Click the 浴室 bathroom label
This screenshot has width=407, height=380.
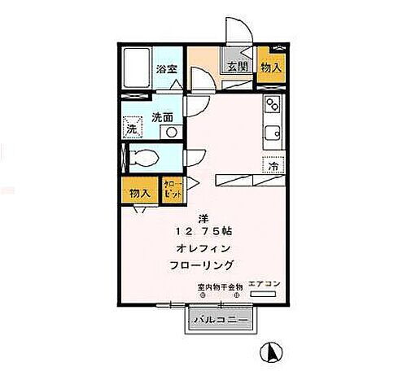pyautogui.click(x=166, y=70)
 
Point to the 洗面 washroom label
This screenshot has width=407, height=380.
pyautogui.click(x=163, y=117)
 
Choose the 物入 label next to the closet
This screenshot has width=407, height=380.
pyautogui.click(x=140, y=194)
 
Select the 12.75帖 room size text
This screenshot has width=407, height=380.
pyautogui.click(x=203, y=229)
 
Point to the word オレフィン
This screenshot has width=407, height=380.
pyautogui.click(x=202, y=247)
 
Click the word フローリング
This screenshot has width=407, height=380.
pyautogui.click(x=203, y=265)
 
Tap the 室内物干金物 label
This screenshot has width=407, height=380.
pyautogui.click(x=220, y=287)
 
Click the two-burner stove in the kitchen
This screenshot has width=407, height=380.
pyautogui.click(x=271, y=106)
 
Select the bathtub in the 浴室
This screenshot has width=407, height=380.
pyautogui.click(x=135, y=70)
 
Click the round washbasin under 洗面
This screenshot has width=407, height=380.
pyautogui.click(x=169, y=132)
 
